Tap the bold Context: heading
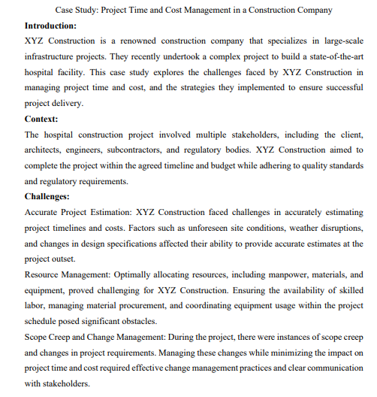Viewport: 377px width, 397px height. pos(41,119)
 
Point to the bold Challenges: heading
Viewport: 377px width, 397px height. pos(47,197)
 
